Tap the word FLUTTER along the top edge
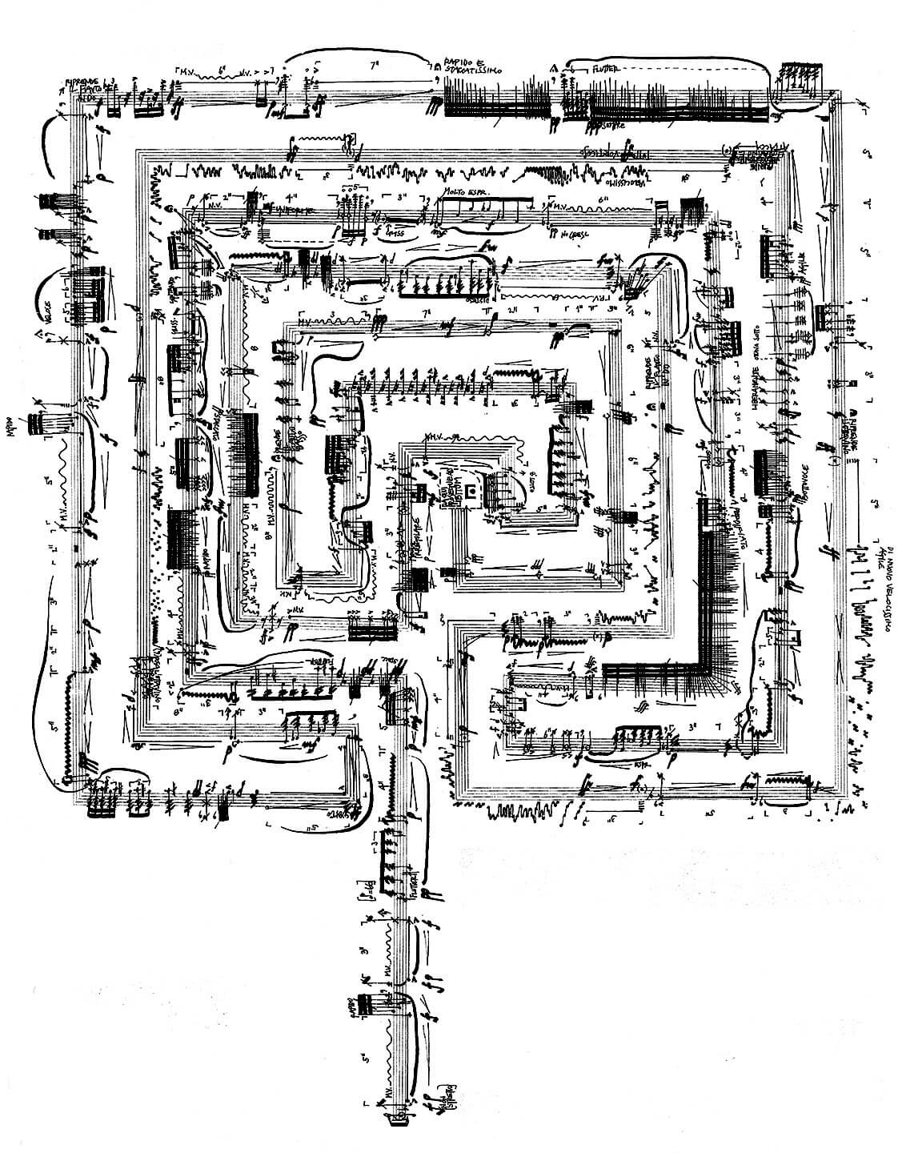click(x=610, y=70)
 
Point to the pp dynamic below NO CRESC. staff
click(x=555, y=234)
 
